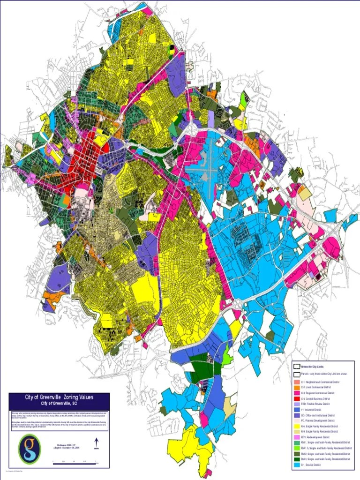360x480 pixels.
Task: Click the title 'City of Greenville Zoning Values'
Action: click(x=59, y=397)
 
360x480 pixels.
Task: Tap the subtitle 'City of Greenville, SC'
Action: click(x=59, y=403)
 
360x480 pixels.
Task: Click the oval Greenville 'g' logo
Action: click(x=29, y=448)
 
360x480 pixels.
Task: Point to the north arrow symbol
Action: click(x=96, y=443)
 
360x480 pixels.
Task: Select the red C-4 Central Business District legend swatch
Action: click(x=296, y=399)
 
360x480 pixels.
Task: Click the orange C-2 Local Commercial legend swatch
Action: click(x=296, y=388)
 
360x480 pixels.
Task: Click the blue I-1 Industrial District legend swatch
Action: click(x=296, y=410)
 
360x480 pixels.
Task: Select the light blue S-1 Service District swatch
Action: click(x=296, y=465)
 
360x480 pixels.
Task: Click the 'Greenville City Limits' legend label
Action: click(x=313, y=366)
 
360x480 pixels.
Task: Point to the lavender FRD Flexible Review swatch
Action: click(x=296, y=404)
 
